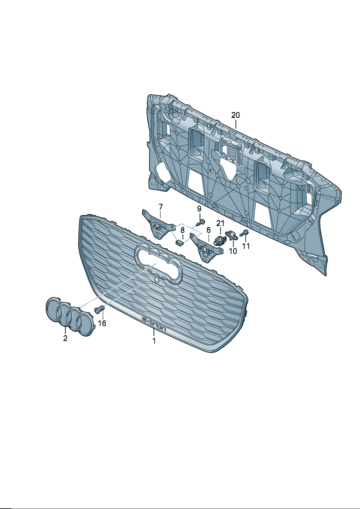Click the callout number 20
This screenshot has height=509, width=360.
(x=236, y=115)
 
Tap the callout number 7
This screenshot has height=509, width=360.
(x=160, y=207)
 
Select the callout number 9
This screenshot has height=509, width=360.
(x=199, y=209)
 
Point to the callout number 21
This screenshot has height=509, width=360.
(x=220, y=223)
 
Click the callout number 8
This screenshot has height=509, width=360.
(x=183, y=230)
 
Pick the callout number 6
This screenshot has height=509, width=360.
(x=208, y=230)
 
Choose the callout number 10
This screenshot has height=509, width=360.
(x=233, y=251)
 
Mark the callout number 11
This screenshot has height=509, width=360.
(x=246, y=246)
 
